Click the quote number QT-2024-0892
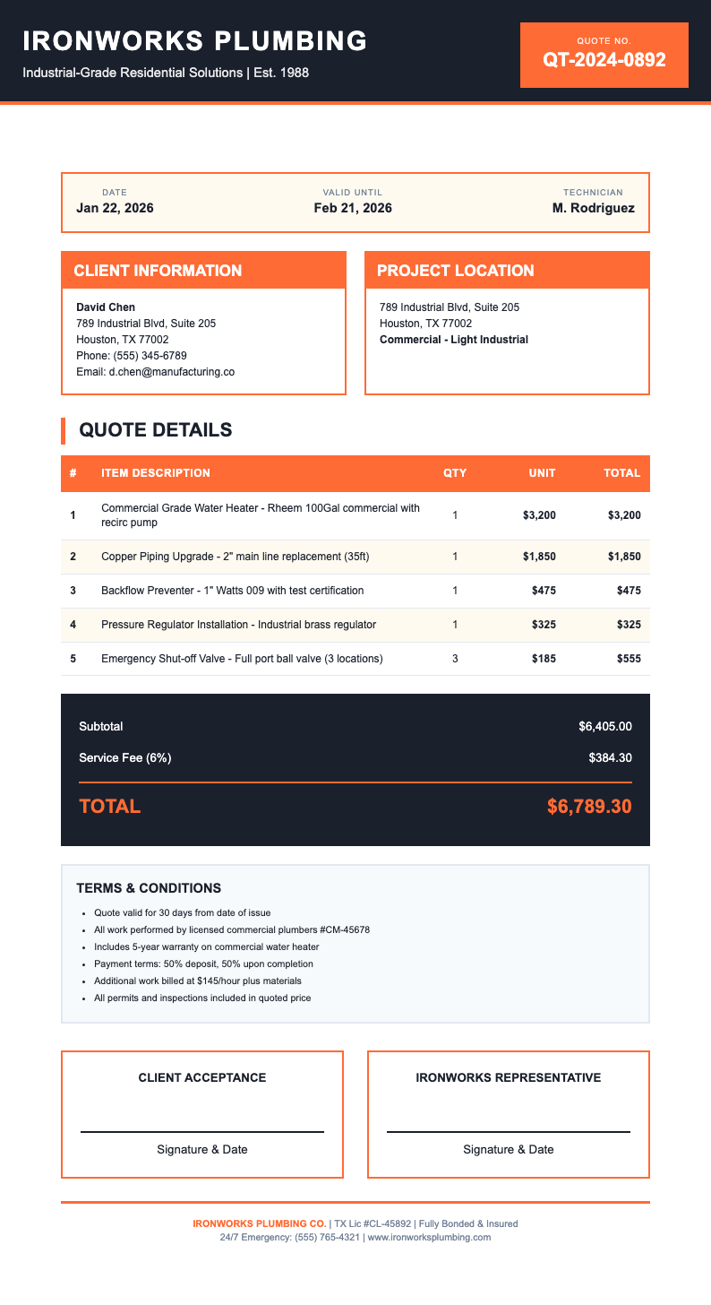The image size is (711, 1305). (604, 60)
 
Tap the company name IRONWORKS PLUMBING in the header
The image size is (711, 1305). (195, 40)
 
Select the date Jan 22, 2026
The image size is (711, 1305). (115, 208)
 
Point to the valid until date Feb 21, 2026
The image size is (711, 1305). (353, 208)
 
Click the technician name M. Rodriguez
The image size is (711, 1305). (594, 208)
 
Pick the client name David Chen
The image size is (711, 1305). (106, 307)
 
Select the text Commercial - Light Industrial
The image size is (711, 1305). (454, 340)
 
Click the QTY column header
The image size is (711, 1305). (455, 473)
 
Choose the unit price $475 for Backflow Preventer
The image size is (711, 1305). (540, 591)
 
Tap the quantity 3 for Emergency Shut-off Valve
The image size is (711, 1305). (455, 659)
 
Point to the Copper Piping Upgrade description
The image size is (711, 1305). (236, 557)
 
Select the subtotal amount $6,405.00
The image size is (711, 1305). (605, 726)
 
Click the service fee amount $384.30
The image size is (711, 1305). (611, 758)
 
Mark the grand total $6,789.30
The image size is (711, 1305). (589, 806)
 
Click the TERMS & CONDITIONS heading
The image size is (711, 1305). (149, 888)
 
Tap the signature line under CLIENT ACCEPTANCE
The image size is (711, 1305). (202, 1131)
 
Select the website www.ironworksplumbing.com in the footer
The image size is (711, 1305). (430, 1238)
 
